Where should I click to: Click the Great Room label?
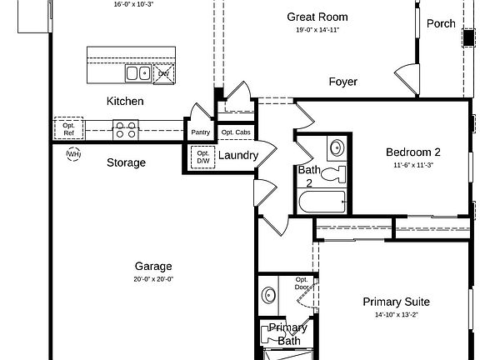pyautogui.click(x=317, y=17)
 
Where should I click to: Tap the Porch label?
pyautogui.click(x=441, y=23)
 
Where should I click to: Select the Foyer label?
pyautogui.click(x=342, y=82)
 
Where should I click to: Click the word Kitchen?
pyautogui.click(x=125, y=101)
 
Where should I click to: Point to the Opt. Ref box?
pyautogui.click(x=68, y=128)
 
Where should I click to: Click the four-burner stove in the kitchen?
pyautogui.click(x=126, y=129)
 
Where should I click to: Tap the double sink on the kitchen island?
pyautogui.click(x=138, y=73)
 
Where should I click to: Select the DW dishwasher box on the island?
pyautogui.click(x=164, y=74)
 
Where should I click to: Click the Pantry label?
pyautogui.click(x=201, y=132)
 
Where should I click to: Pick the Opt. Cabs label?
pyautogui.click(x=236, y=132)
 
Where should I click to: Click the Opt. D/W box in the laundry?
pyautogui.click(x=203, y=157)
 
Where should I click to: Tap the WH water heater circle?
pyautogui.click(x=74, y=154)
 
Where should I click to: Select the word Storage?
pyautogui.click(x=126, y=162)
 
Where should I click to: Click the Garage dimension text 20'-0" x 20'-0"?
pyautogui.click(x=153, y=279)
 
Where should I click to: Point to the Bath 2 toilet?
pyautogui.click(x=333, y=175)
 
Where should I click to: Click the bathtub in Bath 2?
pyautogui.click(x=322, y=202)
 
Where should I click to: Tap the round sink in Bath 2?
pyautogui.click(x=337, y=148)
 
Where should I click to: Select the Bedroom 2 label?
pyautogui.click(x=413, y=152)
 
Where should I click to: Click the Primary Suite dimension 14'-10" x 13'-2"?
pyautogui.click(x=397, y=315)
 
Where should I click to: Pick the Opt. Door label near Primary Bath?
pyautogui.click(x=302, y=283)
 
